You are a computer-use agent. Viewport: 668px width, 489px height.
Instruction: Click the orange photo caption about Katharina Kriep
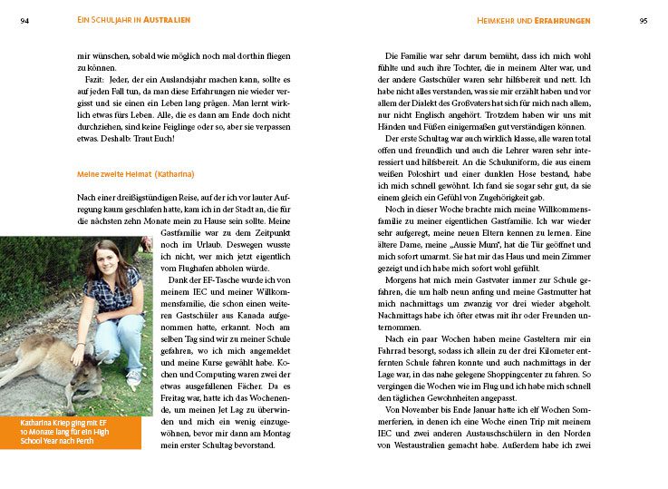71,433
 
